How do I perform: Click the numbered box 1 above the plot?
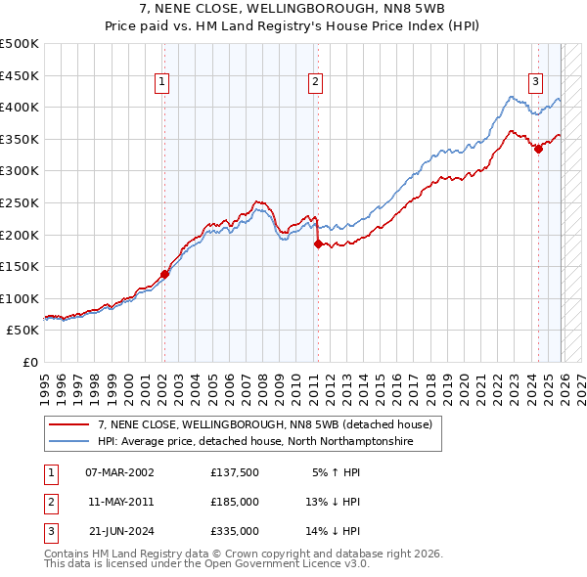click(161, 83)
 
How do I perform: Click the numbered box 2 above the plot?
click(316, 83)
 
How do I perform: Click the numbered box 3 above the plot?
click(536, 83)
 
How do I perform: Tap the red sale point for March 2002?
click(164, 275)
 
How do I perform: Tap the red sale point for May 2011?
click(318, 244)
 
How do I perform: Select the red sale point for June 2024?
click(538, 149)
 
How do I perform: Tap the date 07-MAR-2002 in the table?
click(120, 471)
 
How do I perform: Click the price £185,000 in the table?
click(235, 502)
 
